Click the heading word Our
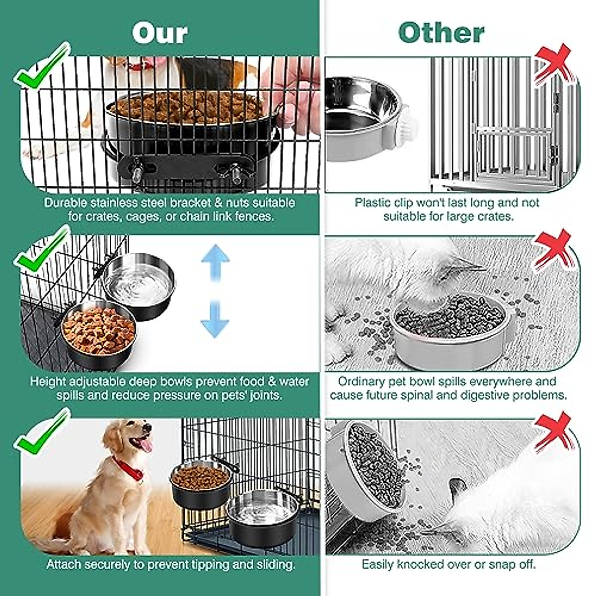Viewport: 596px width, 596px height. (160, 33)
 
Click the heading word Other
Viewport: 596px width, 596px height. (441, 33)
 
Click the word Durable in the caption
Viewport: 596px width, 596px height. (64, 203)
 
